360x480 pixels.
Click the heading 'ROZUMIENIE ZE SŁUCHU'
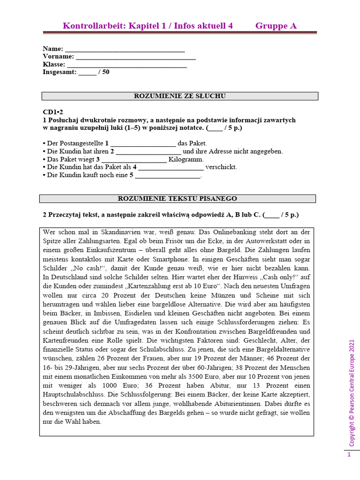pos(180,96)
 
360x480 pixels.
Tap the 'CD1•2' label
pos(52,112)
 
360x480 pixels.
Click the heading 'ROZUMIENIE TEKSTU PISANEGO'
pos(177,199)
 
